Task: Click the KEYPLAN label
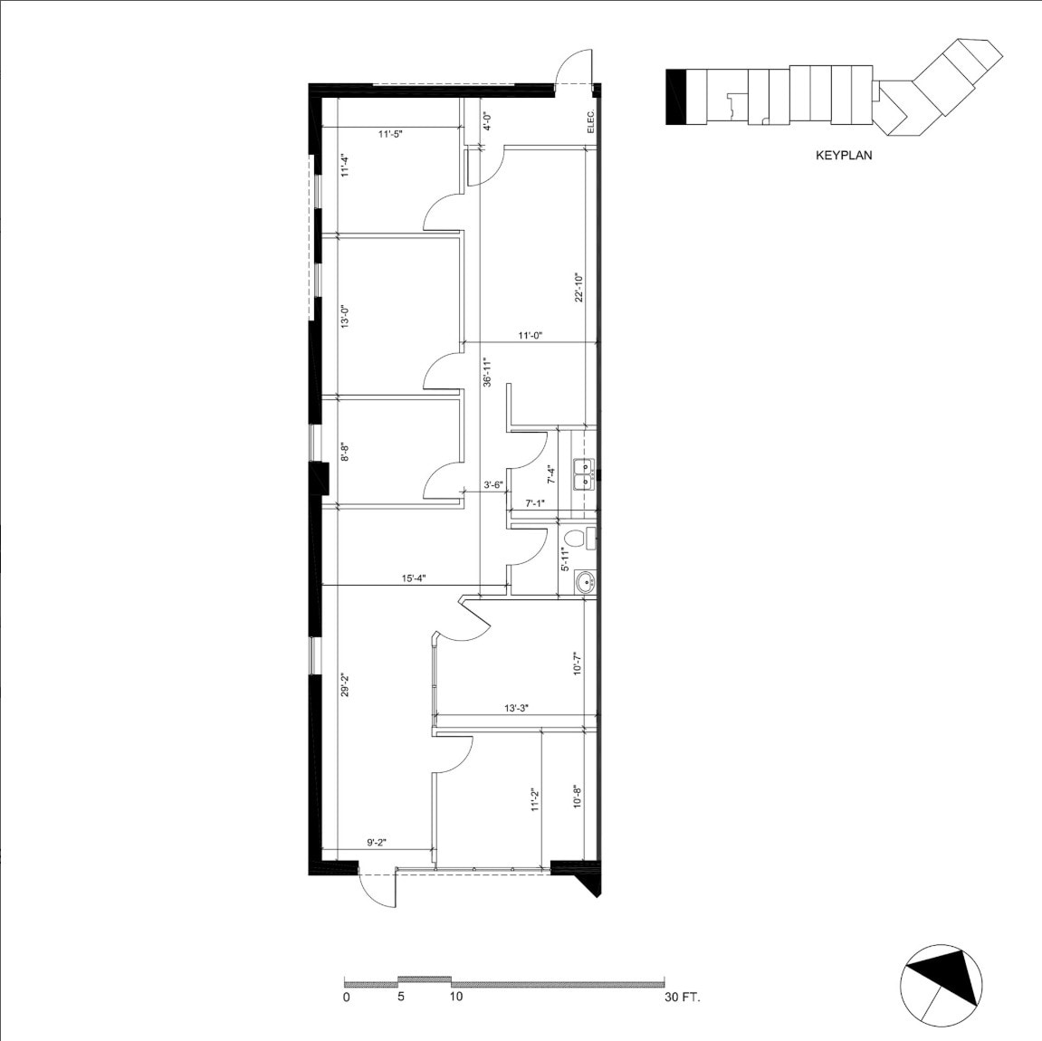tap(843, 156)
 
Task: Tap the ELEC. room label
tap(590, 121)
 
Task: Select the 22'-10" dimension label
tap(578, 289)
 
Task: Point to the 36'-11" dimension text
tap(486, 373)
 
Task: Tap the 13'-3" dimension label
tap(516, 709)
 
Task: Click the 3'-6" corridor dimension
tap(492, 485)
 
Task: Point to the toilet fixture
tap(589, 539)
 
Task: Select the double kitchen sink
tap(586, 473)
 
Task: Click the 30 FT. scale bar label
tap(683, 998)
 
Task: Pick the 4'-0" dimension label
tap(486, 121)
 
